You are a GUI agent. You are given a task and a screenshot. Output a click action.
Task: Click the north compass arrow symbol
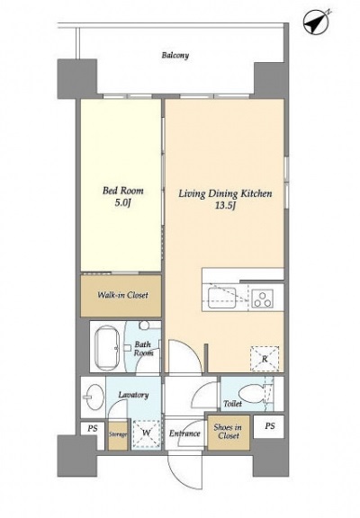click(x=317, y=22)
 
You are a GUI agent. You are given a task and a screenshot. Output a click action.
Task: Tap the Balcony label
click(x=175, y=55)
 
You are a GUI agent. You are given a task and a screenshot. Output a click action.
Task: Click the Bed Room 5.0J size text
click(x=123, y=203)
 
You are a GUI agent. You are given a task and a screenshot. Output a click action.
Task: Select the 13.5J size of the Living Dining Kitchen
click(x=225, y=205)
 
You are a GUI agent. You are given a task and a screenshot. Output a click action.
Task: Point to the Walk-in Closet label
click(x=122, y=295)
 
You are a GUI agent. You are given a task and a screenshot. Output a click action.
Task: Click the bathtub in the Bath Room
click(x=107, y=347)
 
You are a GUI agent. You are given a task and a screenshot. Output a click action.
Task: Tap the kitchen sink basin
click(x=221, y=297)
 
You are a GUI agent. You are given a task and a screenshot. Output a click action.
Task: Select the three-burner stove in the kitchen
click(x=263, y=299)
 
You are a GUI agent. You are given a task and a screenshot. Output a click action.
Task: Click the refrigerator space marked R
click(x=265, y=359)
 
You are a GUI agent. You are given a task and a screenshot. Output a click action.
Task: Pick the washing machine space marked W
click(x=146, y=433)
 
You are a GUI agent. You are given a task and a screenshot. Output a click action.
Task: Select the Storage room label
click(x=118, y=434)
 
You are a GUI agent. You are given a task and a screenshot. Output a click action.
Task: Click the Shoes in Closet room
click(x=229, y=432)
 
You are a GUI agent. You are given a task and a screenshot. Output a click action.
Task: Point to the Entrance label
click(x=184, y=433)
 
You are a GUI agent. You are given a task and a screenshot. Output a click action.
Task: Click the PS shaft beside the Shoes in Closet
click(x=269, y=426)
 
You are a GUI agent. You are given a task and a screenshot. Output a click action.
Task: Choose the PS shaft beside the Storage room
click(x=93, y=428)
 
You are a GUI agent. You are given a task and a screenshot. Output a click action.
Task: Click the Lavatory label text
click(x=133, y=395)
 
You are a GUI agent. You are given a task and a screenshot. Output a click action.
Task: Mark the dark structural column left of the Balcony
click(x=77, y=79)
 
